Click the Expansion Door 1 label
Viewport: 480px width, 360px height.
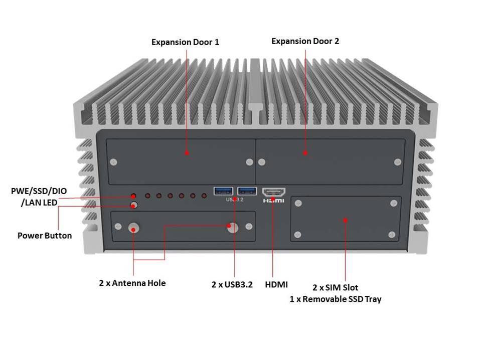(x=185, y=42)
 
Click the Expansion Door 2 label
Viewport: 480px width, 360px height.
(x=305, y=41)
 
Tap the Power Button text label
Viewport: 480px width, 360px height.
(x=45, y=235)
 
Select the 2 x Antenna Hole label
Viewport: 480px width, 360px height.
(x=132, y=283)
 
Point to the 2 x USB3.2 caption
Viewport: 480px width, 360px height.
(x=232, y=284)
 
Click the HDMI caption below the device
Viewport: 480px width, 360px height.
(x=276, y=284)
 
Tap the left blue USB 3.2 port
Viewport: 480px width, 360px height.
(x=223, y=191)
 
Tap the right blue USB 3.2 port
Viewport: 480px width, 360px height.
(x=247, y=191)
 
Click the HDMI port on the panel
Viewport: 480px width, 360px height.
(x=274, y=192)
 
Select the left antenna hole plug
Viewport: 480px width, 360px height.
(x=134, y=227)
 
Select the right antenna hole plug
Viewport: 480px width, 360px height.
(x=232, y=227)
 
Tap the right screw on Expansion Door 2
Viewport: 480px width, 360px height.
(x=398, y=161)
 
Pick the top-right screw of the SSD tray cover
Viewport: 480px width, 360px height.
(x=392, y=203)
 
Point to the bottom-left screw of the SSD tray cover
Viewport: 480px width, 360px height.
(x=298, y=234)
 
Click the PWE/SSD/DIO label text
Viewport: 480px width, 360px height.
(x=39, y=191)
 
